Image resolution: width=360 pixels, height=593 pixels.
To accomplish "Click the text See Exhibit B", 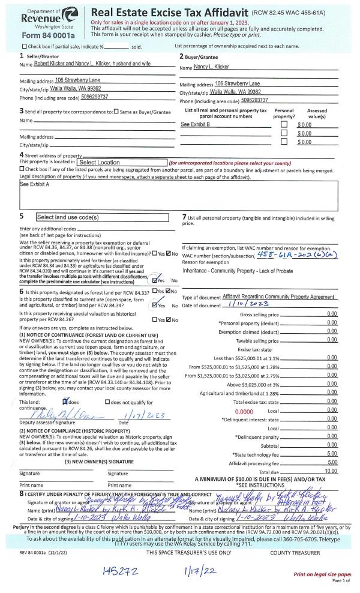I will click(x=195, y=124).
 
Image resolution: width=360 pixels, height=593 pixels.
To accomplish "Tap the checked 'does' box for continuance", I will click(x=67, y=384).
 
